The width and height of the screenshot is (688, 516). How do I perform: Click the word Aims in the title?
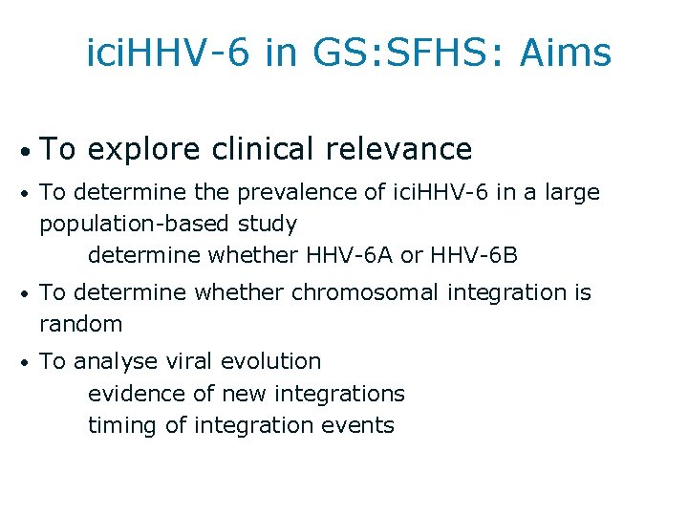(566, 54)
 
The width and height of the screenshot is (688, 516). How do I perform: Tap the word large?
(571, 193)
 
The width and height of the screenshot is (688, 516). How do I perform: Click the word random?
(81, 324)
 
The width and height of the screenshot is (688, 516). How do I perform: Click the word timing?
(123, 425)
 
